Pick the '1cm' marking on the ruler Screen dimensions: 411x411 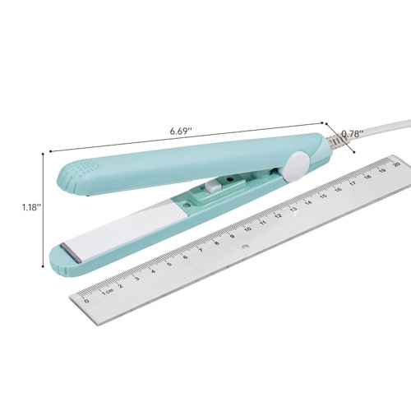coord(108,292)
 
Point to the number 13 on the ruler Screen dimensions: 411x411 coord(293,211)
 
